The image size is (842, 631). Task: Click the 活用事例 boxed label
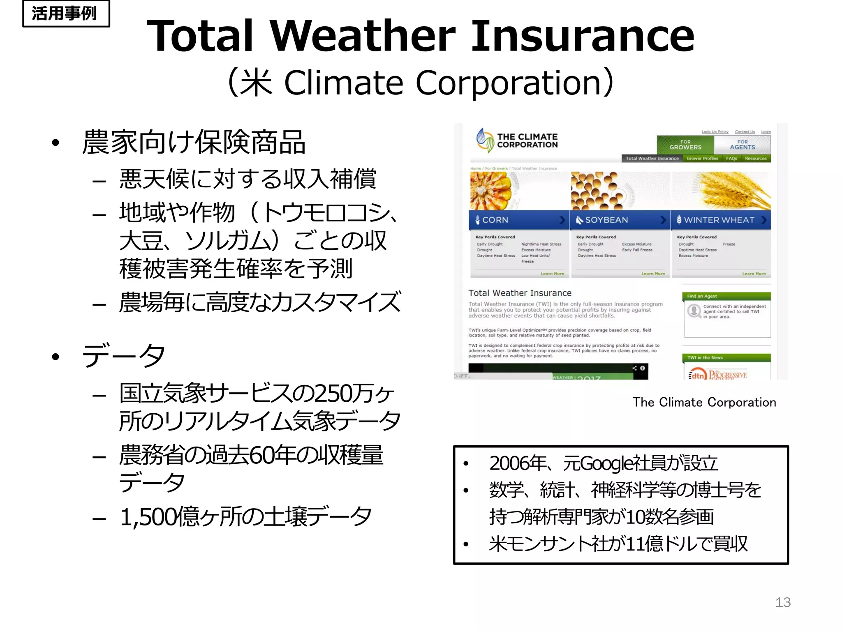click(x=66, y=14)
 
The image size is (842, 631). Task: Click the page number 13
click(x=782, y=602)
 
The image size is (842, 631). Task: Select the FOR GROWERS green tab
click(x=685, y=145)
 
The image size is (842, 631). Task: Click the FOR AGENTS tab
click(x=742, y=145)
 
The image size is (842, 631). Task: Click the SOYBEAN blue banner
click(x=619, y=220)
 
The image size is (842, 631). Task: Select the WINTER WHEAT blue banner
click(x=720, y=220)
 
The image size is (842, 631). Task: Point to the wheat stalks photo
click(x=728, y=190)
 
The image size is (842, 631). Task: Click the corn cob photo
click(x=492, y=191)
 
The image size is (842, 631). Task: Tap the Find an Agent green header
click(x=726, y=296)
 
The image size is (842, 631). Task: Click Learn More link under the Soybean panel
click(x=653, y=274)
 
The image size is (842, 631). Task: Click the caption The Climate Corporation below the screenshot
click(x=704, y=402)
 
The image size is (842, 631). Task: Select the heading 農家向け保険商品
click(x=193, y=142)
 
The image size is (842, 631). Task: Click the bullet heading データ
click(x=123, y=356)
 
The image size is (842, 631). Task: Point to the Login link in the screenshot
click(x=766, y=132)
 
